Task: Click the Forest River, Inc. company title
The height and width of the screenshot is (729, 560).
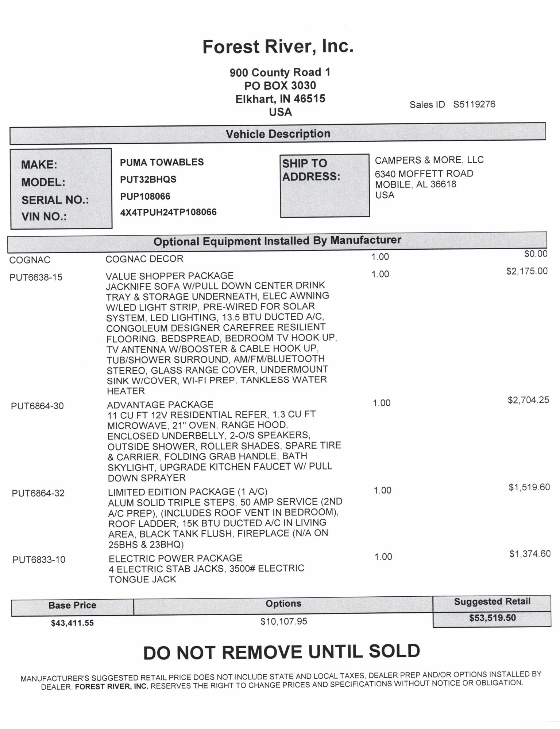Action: (278, 47)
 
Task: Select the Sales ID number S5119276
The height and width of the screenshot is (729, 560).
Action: (474, 105)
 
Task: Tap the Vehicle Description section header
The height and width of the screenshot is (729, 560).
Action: (278, 134)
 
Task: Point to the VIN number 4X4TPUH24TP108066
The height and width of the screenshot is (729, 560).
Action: (168, 212)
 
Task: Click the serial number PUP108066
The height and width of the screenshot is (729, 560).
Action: (145, 196)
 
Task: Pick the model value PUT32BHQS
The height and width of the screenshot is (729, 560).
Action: (148, 179)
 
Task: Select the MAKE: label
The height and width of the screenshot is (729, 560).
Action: (39, 165)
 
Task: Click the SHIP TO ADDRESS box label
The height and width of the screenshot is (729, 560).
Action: (311, 170)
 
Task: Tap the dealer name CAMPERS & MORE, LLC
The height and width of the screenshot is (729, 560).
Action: (429, 160)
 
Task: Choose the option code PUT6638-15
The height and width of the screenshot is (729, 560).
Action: (36, 277)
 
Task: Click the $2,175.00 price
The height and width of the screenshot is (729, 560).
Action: (527, 271)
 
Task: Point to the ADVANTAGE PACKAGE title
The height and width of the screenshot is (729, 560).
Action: (160, 405)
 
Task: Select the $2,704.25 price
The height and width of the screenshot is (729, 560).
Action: (528, 400)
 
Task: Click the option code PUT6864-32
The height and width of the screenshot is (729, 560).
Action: (38, 493)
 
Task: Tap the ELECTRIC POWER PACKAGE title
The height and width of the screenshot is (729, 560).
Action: (175, 558)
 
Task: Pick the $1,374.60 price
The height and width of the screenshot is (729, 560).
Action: (530, 554)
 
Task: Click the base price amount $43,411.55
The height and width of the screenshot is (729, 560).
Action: (72, 623)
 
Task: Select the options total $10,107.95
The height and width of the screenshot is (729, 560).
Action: (283, 621)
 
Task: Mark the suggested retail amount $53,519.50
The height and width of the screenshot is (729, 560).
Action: (492, 618)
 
